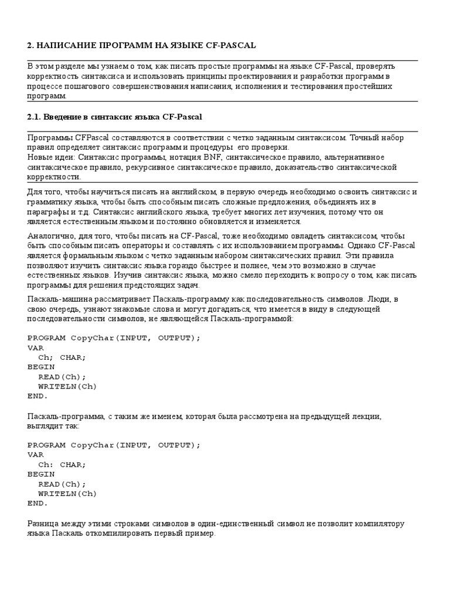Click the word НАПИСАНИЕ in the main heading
(64, 45)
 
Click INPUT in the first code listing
(135, 337)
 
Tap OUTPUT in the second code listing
(175, 445)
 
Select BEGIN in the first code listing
(41, 367)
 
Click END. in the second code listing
(37, 504)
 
